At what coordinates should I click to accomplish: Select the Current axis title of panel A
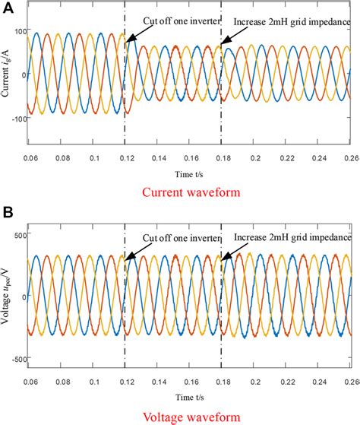[x=7, y=74]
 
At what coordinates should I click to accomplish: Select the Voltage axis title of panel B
[x=7, y=295]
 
